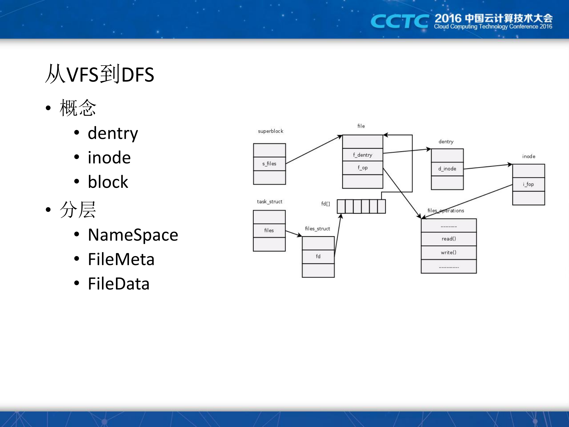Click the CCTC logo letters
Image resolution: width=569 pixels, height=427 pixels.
(399, 21)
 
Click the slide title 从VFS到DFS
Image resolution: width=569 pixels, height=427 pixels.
(100, 74)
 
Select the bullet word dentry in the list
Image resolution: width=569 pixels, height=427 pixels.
(113, 133)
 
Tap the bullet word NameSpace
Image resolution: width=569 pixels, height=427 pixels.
(133, 235)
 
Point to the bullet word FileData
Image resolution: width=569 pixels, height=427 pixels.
(119, 284)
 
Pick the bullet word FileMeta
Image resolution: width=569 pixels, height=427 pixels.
(121, 259)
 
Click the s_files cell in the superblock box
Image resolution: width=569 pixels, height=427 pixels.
(269, 164)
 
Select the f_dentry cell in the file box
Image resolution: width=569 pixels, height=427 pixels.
(362, 155)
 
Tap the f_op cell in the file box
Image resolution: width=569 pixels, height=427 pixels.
(362, 168)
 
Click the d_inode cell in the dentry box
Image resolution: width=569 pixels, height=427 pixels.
(447, 169)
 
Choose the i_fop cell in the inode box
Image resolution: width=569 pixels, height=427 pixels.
(528, 184)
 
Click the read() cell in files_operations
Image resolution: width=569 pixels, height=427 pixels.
(449, 239)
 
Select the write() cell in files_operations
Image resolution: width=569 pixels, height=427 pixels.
(449, 253)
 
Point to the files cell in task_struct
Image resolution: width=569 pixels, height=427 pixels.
(269, 231)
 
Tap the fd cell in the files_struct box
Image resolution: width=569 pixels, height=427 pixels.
(318, 256)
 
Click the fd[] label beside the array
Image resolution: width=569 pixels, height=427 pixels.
(326, 204)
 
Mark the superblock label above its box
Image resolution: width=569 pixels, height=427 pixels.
(270, 131)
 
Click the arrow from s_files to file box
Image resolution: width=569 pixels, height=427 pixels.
(314, 150)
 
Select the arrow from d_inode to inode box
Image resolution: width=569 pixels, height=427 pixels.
(488, 166)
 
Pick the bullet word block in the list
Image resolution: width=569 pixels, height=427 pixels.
(108, 182)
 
